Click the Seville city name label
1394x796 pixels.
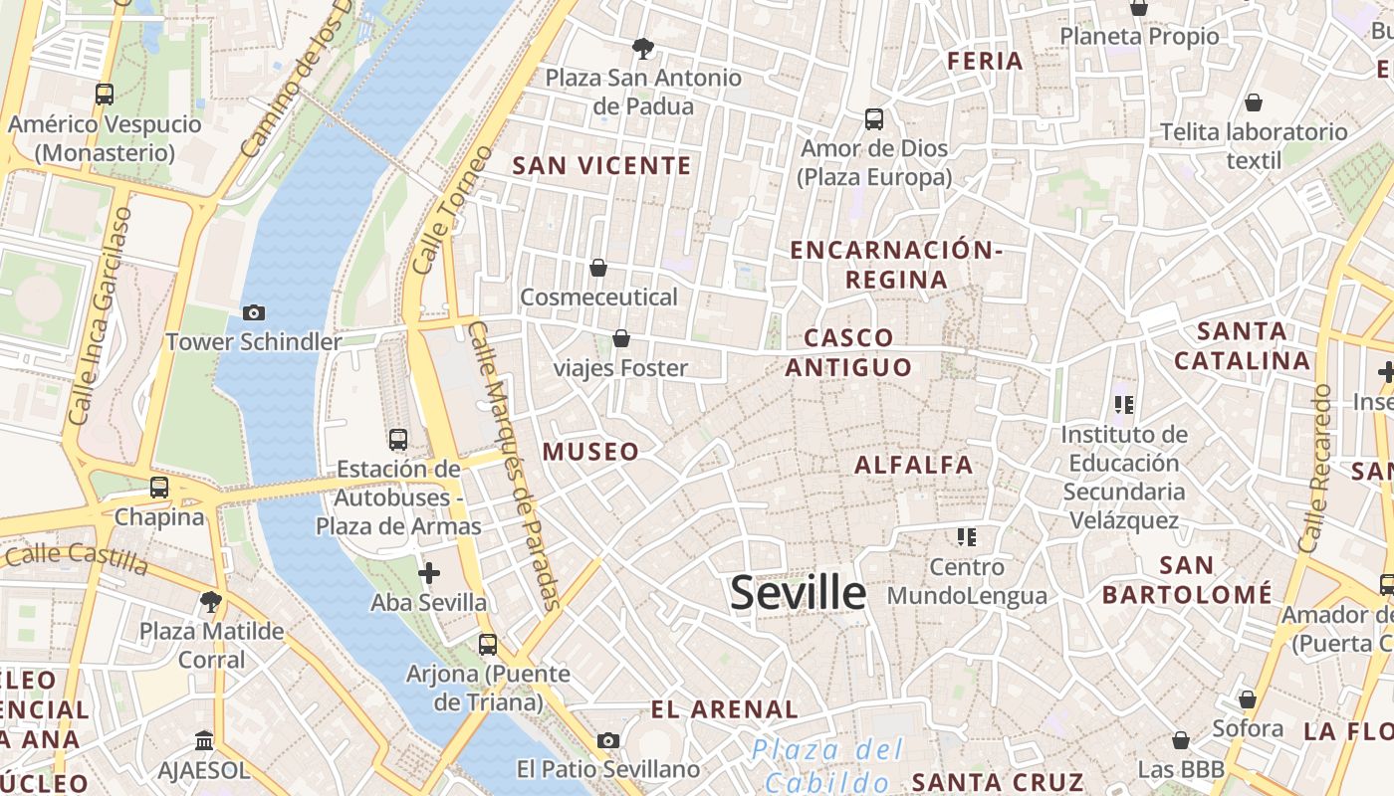(798, 593)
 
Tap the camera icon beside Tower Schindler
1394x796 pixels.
(254, 312)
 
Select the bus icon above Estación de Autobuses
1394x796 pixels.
(398, 439)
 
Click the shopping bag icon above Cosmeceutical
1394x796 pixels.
(598, 268)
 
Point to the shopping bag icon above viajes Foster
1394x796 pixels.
(621, 338)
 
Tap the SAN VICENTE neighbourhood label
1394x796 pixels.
(601, 166)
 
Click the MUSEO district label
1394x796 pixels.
(590, 452)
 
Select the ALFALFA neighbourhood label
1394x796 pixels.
(913, 465)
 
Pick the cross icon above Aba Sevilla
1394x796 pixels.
(429, 573)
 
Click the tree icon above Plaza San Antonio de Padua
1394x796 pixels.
(643, 48)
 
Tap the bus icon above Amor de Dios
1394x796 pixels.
(874, 119)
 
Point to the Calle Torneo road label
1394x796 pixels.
(452, 211)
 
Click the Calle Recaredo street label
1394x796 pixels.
(1314, 468)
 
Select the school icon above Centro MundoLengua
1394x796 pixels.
(966, 537)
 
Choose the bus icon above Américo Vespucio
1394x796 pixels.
(104, 95)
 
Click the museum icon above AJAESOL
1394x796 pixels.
(204, 741)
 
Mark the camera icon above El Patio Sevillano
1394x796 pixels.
(608, 740)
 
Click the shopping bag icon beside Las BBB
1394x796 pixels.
(1181, 740)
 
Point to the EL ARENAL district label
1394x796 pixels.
(724, 709)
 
